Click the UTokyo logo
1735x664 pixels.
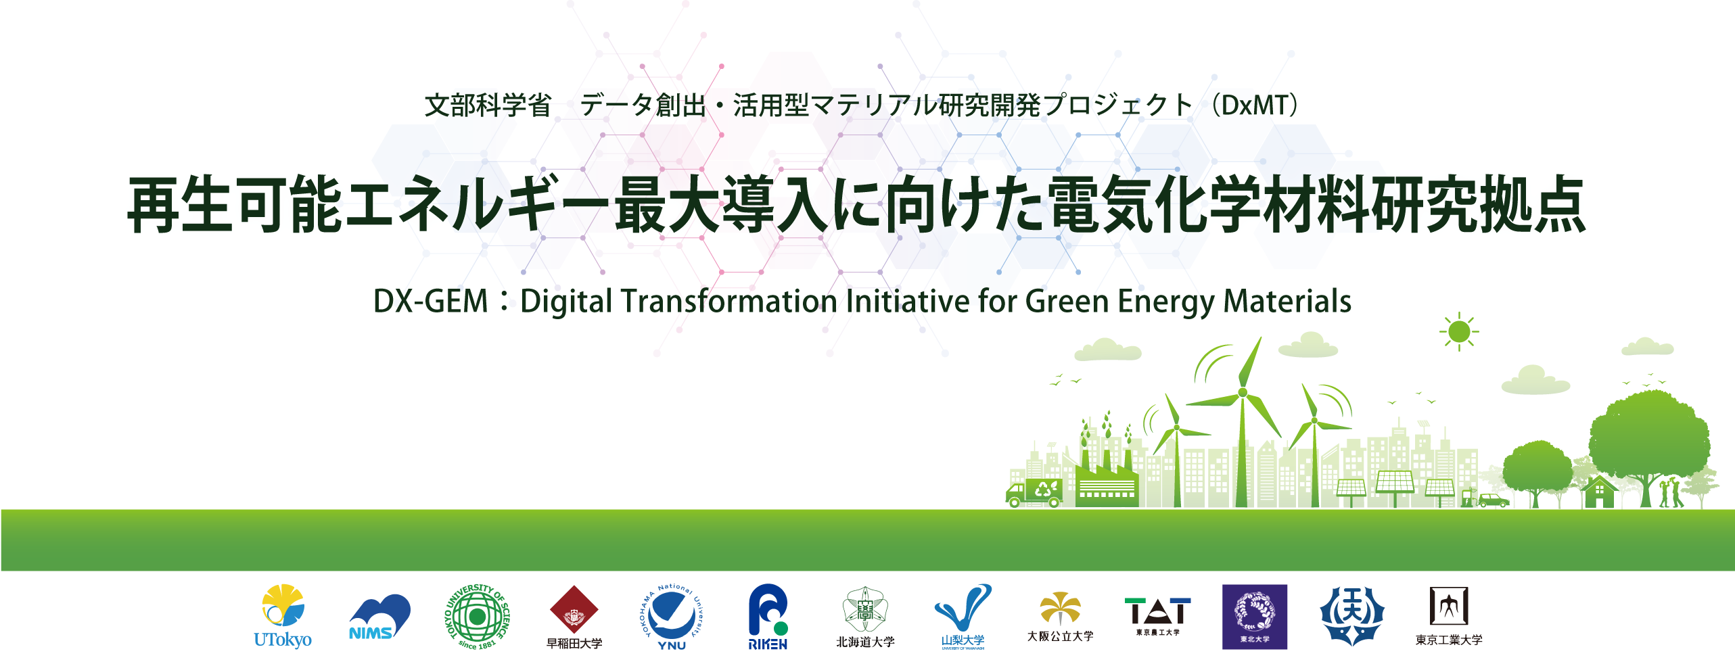pos(282,616)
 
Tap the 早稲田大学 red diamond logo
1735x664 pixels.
pos(574,611)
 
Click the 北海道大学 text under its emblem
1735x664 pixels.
pos(865,642)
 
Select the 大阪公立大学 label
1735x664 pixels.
pos(1060,636)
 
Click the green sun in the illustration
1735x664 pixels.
pos(1459,331)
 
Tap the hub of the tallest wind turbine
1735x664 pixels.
pos(1242,392)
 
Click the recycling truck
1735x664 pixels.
pos(1033,492)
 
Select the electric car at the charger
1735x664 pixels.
pos(1493,501)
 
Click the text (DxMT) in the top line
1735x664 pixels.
pos(1255,105)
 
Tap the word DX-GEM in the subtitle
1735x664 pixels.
pos(430,302)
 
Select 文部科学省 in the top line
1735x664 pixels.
pos(488,105)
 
